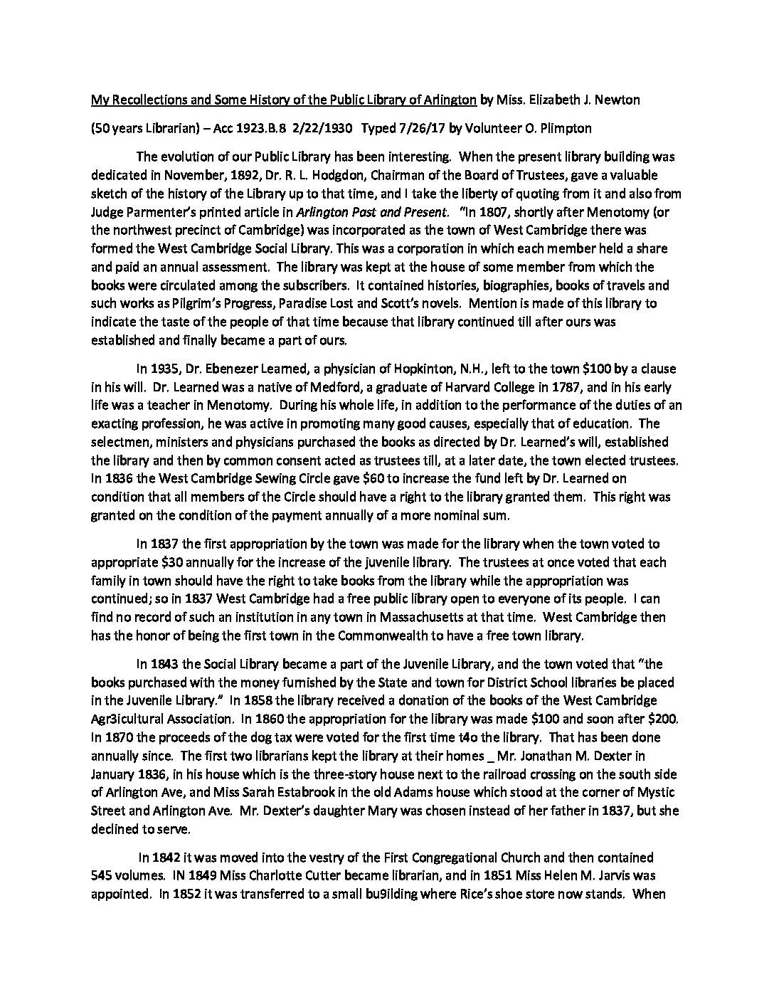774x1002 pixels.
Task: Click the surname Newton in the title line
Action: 620,100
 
